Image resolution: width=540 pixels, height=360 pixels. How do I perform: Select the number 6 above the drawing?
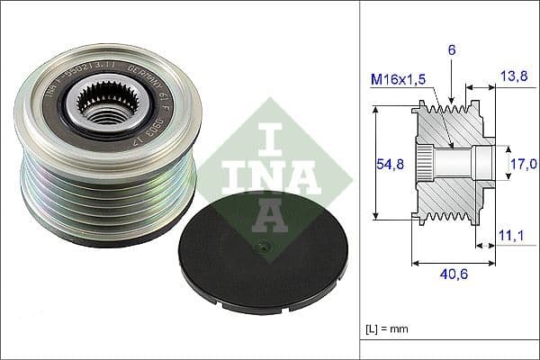[x=452, y=50]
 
